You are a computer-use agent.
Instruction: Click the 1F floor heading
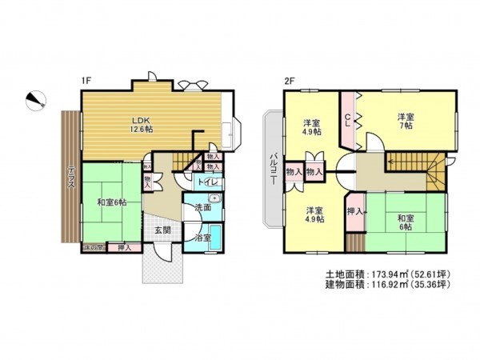(85, 81)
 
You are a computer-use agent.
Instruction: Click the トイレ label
(206, 182)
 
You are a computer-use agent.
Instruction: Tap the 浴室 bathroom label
(202, 238)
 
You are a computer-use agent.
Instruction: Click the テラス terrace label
(71, 176)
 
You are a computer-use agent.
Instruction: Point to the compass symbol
(36, 100)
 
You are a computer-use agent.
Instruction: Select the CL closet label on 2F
(348, 120)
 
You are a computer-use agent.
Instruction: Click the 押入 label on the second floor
(357, 212)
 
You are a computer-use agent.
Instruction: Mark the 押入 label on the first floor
(125, 249)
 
